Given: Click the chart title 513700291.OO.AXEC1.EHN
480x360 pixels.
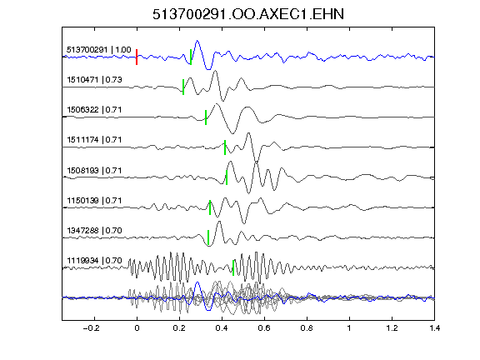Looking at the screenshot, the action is coord(248,14).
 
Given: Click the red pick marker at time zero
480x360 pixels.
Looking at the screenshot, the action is coord(137,57).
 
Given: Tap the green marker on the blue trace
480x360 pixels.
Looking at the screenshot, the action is coord(191,57).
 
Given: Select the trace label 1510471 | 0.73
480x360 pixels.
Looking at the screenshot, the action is coord(95,80).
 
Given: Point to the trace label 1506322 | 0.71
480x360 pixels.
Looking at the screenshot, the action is coord(94,110).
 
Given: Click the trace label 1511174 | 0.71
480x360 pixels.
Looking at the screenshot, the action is coord(94,140).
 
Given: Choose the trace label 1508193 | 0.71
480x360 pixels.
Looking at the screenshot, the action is coord(94,170).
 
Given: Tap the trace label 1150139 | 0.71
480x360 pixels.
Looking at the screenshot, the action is coord(94,201).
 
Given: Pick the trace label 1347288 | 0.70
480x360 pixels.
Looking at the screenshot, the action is coord(94,230).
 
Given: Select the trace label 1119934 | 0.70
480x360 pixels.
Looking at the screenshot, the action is coord(94,261).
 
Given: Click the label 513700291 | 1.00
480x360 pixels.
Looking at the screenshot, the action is coord(99,50).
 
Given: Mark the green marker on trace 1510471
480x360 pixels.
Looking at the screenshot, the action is coord(183,87).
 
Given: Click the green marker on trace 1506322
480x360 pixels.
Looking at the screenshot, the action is coord(206,117).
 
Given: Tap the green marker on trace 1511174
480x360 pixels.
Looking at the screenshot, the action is coord(225,147).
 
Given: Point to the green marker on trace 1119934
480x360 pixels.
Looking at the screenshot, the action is coord(233,267).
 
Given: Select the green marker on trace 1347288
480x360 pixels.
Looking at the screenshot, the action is coord(208,237).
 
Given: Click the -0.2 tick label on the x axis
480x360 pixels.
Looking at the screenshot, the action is coord(91,328).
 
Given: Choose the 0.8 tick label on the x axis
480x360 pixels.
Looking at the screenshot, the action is coord(307,328).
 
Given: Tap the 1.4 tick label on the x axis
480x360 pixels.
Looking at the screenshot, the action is coord(435,328).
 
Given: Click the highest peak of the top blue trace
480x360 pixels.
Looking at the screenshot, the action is coord(197,40).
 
